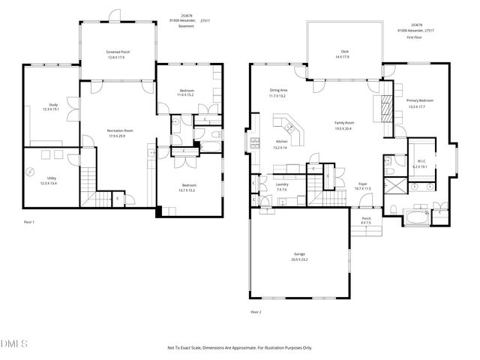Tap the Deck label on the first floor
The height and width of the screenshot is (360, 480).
pos(345,52)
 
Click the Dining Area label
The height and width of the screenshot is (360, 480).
pos(278,91)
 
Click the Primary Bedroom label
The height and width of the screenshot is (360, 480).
pos(420,100)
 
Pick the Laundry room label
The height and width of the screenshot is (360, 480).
pos(282,184)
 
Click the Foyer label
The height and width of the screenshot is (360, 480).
pos(362,184)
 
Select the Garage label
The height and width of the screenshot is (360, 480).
pos(299,255)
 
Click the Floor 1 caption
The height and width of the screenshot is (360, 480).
pos(29,222)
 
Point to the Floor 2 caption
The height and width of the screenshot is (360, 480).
pos(256,311)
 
